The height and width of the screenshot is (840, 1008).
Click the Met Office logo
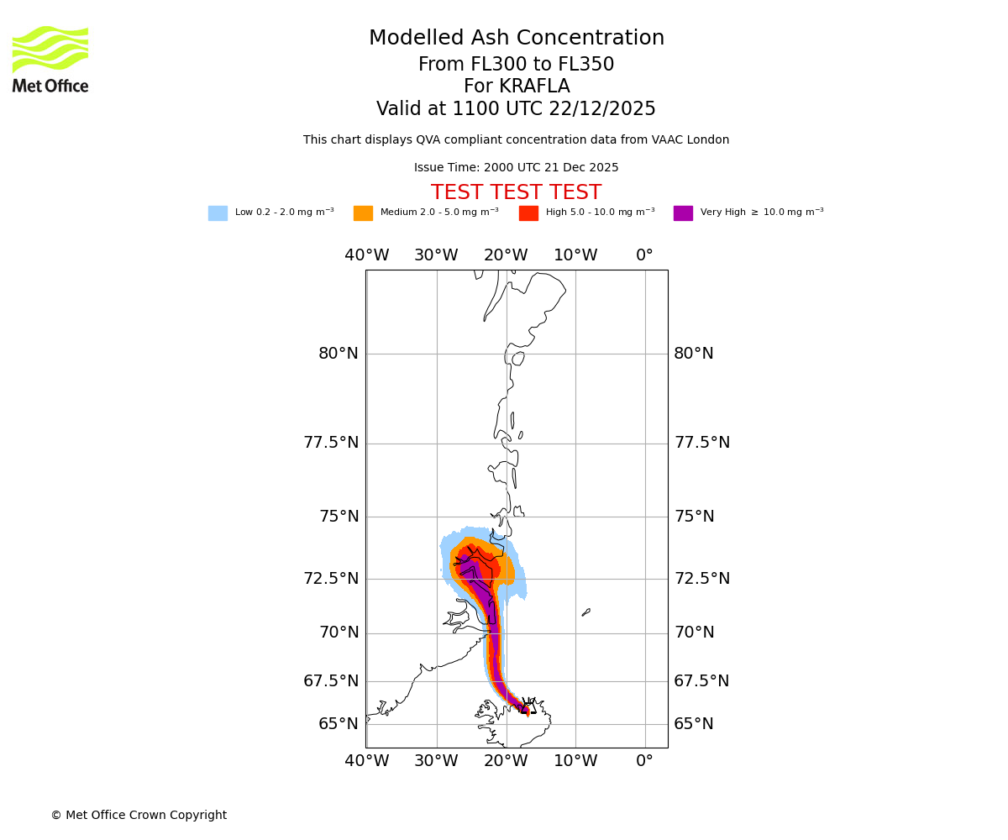coord(50,59)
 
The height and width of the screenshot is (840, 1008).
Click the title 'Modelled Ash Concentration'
coord(516,39)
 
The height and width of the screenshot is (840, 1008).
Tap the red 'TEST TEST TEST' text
coord(516,193)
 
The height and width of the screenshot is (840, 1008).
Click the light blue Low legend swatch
coord(218,213)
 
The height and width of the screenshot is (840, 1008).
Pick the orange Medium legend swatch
coord(363,213)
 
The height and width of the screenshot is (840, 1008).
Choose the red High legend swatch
coord(528,213)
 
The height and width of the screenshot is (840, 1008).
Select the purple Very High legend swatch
coord(683,213)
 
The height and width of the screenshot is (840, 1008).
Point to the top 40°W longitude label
coord(366,255)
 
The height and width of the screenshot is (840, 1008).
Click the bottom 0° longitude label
coord(644,761)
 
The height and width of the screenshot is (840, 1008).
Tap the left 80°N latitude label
coord(338,354)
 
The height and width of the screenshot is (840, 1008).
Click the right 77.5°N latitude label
coord(701,443)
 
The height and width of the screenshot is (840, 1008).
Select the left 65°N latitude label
coord(338,724)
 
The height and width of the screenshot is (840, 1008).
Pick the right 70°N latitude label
coord(694,633)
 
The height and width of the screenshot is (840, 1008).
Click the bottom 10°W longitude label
coord(575,761)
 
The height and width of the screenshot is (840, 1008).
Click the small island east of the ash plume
coord(586,612)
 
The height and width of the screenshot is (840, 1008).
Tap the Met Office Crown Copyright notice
coord(139,815)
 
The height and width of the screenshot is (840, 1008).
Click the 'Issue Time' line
coord(516,168)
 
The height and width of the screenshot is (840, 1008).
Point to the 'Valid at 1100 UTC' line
coord(516,109)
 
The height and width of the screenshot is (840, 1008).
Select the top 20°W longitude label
coord(506,255)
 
